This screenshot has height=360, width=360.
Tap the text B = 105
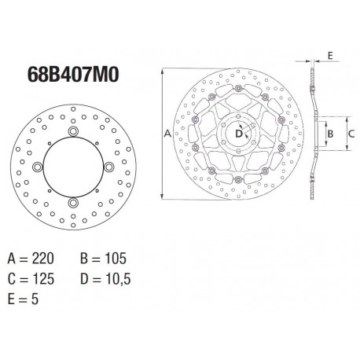coord(102,257)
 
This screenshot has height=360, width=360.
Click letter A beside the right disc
coord(167,134)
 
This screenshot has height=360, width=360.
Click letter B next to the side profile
coord(330,134)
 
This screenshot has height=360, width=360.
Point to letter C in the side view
coord(351,134)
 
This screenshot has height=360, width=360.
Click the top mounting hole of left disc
coord(74,130)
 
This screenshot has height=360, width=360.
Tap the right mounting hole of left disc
coord(110,166)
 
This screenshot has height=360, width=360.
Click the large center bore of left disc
coord(74,167)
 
